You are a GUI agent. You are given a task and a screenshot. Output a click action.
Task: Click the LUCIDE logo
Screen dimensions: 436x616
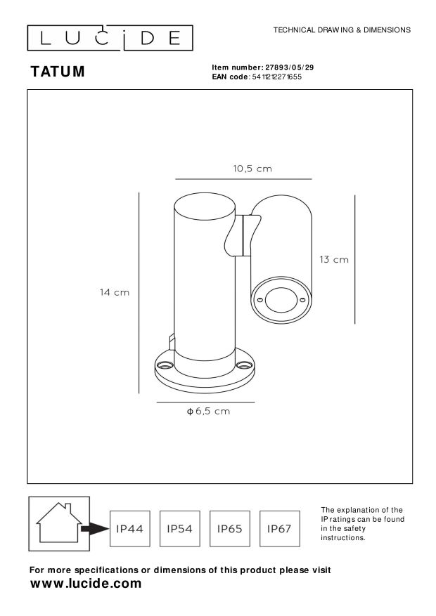point(110,38)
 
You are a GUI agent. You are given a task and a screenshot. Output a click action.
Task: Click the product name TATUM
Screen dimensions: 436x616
point(58,72)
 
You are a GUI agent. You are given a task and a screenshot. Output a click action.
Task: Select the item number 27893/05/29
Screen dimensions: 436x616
point(289,67)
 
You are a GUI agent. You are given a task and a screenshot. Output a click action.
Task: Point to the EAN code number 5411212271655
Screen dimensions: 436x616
point(277,77)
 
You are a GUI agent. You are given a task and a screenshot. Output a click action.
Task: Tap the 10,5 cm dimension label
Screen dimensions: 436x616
point(252,169)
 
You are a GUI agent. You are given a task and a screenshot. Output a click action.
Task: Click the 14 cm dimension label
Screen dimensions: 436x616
point(115,293)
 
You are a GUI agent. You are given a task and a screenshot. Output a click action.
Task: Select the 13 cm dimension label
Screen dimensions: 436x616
point(334,260)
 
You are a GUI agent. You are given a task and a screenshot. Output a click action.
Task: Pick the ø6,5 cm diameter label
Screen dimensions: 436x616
point(208,412)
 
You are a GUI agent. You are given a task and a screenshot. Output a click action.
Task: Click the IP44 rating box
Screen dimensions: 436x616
point(129,529)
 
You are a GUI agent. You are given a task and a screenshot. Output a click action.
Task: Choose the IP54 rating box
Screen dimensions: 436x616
point(179,529)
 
